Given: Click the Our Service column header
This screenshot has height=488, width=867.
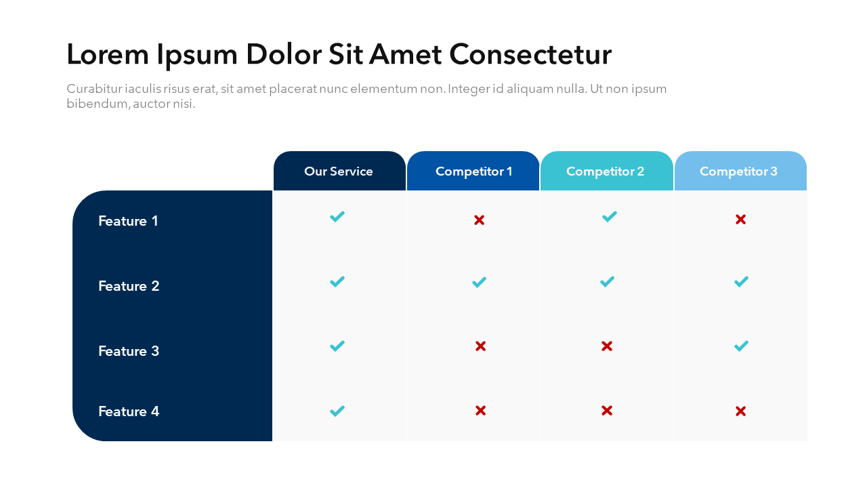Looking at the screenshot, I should coord(339,171).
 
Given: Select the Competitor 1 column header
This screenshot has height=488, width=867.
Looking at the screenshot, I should coord(473,171).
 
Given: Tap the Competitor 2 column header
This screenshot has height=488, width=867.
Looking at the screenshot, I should coord(605,171).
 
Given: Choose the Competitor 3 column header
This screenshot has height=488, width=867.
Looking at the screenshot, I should coord(738,171).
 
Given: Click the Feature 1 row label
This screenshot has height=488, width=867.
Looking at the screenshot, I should coord(128,221).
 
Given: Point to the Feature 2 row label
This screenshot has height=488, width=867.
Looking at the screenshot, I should coord(129,286).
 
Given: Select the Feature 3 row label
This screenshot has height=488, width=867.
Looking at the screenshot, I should coord(129,351).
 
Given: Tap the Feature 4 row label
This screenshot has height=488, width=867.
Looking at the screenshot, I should coord(129,411).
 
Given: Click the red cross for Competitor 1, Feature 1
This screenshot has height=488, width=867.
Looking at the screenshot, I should coord(479,220).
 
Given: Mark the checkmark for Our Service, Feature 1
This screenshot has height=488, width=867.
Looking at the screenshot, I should coord(337,217).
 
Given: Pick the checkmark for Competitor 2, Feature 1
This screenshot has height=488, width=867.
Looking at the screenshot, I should coord(610,217).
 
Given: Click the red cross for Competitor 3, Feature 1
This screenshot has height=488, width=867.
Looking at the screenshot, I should coord(740,220).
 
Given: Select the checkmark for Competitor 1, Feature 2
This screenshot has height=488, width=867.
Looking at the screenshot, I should coord(479,282).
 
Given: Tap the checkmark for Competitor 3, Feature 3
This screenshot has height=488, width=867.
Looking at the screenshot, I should coord(741,346).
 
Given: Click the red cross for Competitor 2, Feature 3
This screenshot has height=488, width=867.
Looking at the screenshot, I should coord(607,346).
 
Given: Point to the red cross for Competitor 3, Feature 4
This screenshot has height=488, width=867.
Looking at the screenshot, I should coord(740,411).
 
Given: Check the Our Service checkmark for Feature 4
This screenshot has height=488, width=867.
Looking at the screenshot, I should coord(337,411).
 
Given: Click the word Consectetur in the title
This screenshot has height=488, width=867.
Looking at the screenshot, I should coord(530,54).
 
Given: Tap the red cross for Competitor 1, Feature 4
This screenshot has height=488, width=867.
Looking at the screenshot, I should coord(480,410).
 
